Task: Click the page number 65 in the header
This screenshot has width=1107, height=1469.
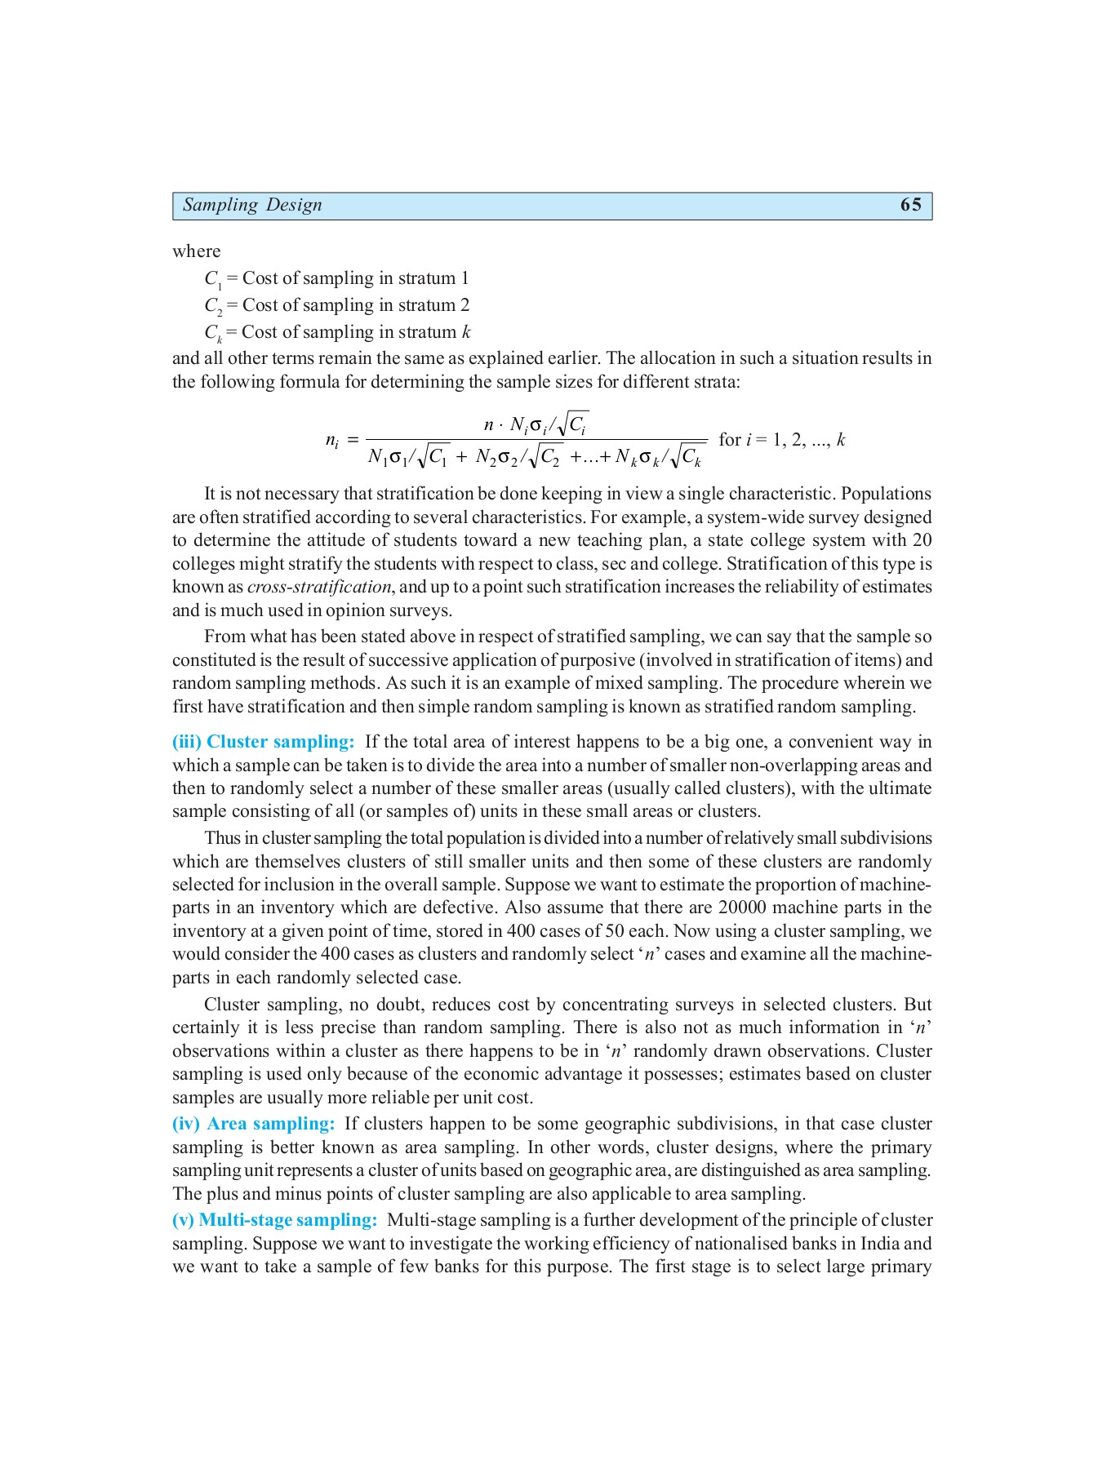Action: [x=910, y=205]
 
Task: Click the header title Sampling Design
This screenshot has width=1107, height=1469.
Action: [x=252, y=205]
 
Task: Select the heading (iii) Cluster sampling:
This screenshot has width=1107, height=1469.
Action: [x=264, y=742]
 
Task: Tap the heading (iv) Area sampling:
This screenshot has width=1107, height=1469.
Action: [x=254, y=1124]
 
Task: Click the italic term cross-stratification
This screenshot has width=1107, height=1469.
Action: [x=319, y=587]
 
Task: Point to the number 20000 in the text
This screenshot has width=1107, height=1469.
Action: [x=743, y=908]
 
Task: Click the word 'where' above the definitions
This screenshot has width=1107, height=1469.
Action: [x=196, y=251]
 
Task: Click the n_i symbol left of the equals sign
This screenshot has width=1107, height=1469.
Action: [x=332, y=441]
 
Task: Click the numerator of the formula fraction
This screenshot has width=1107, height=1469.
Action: [x=536, y=424]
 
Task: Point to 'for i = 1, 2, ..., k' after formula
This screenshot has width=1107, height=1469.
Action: [x=781, y=440]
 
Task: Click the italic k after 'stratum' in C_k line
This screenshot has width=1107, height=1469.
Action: [x=466, y=332]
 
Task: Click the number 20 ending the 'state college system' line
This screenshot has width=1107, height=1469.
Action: [x=922, y=540]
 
